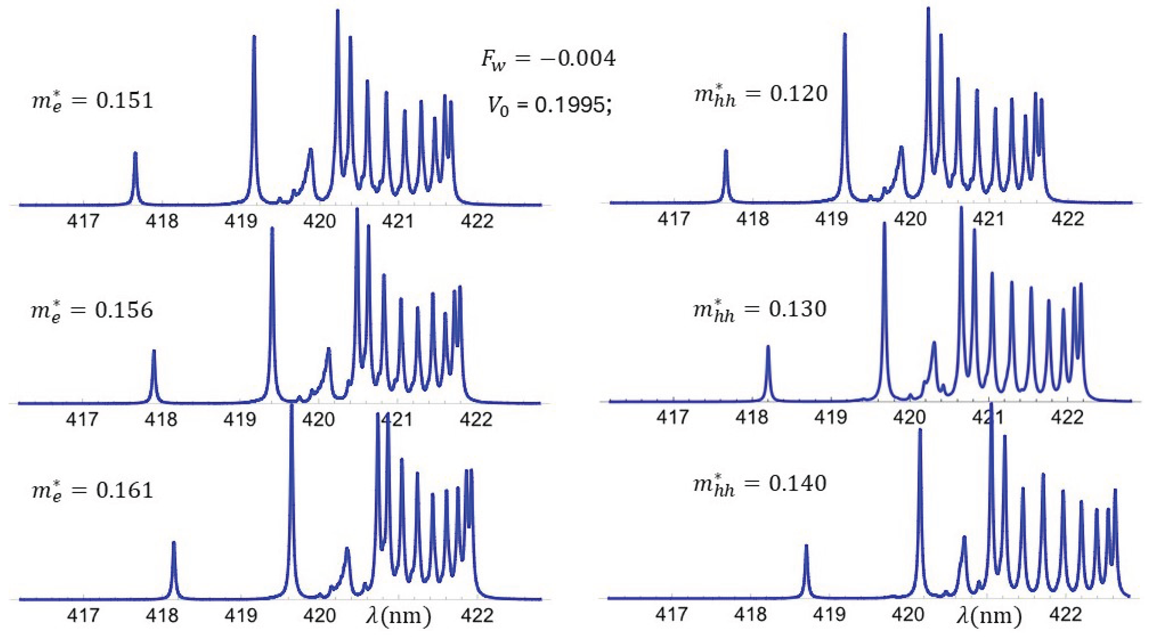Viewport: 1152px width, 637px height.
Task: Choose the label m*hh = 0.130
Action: (760, 309)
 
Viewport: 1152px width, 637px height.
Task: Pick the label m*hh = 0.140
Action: (760, 484)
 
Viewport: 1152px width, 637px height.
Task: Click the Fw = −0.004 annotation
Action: (548, 59)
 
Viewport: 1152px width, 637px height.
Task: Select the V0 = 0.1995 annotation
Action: (549, 106)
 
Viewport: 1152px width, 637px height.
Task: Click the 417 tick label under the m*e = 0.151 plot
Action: (83, 221)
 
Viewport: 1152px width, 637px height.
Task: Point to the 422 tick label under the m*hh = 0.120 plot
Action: (1068, 219)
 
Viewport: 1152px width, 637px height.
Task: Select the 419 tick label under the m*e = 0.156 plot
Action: (240, 419)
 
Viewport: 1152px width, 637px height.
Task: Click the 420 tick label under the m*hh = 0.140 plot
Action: (908, 615)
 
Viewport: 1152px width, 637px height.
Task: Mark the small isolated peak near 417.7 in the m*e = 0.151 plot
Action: (135, 154)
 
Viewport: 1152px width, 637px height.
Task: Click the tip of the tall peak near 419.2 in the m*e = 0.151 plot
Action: (254, 37)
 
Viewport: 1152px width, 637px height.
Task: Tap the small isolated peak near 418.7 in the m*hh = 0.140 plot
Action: (806, 546)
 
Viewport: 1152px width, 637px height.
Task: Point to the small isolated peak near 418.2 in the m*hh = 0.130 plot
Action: (768, 347)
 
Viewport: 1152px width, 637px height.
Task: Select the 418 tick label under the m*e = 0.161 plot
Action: (162, 616)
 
